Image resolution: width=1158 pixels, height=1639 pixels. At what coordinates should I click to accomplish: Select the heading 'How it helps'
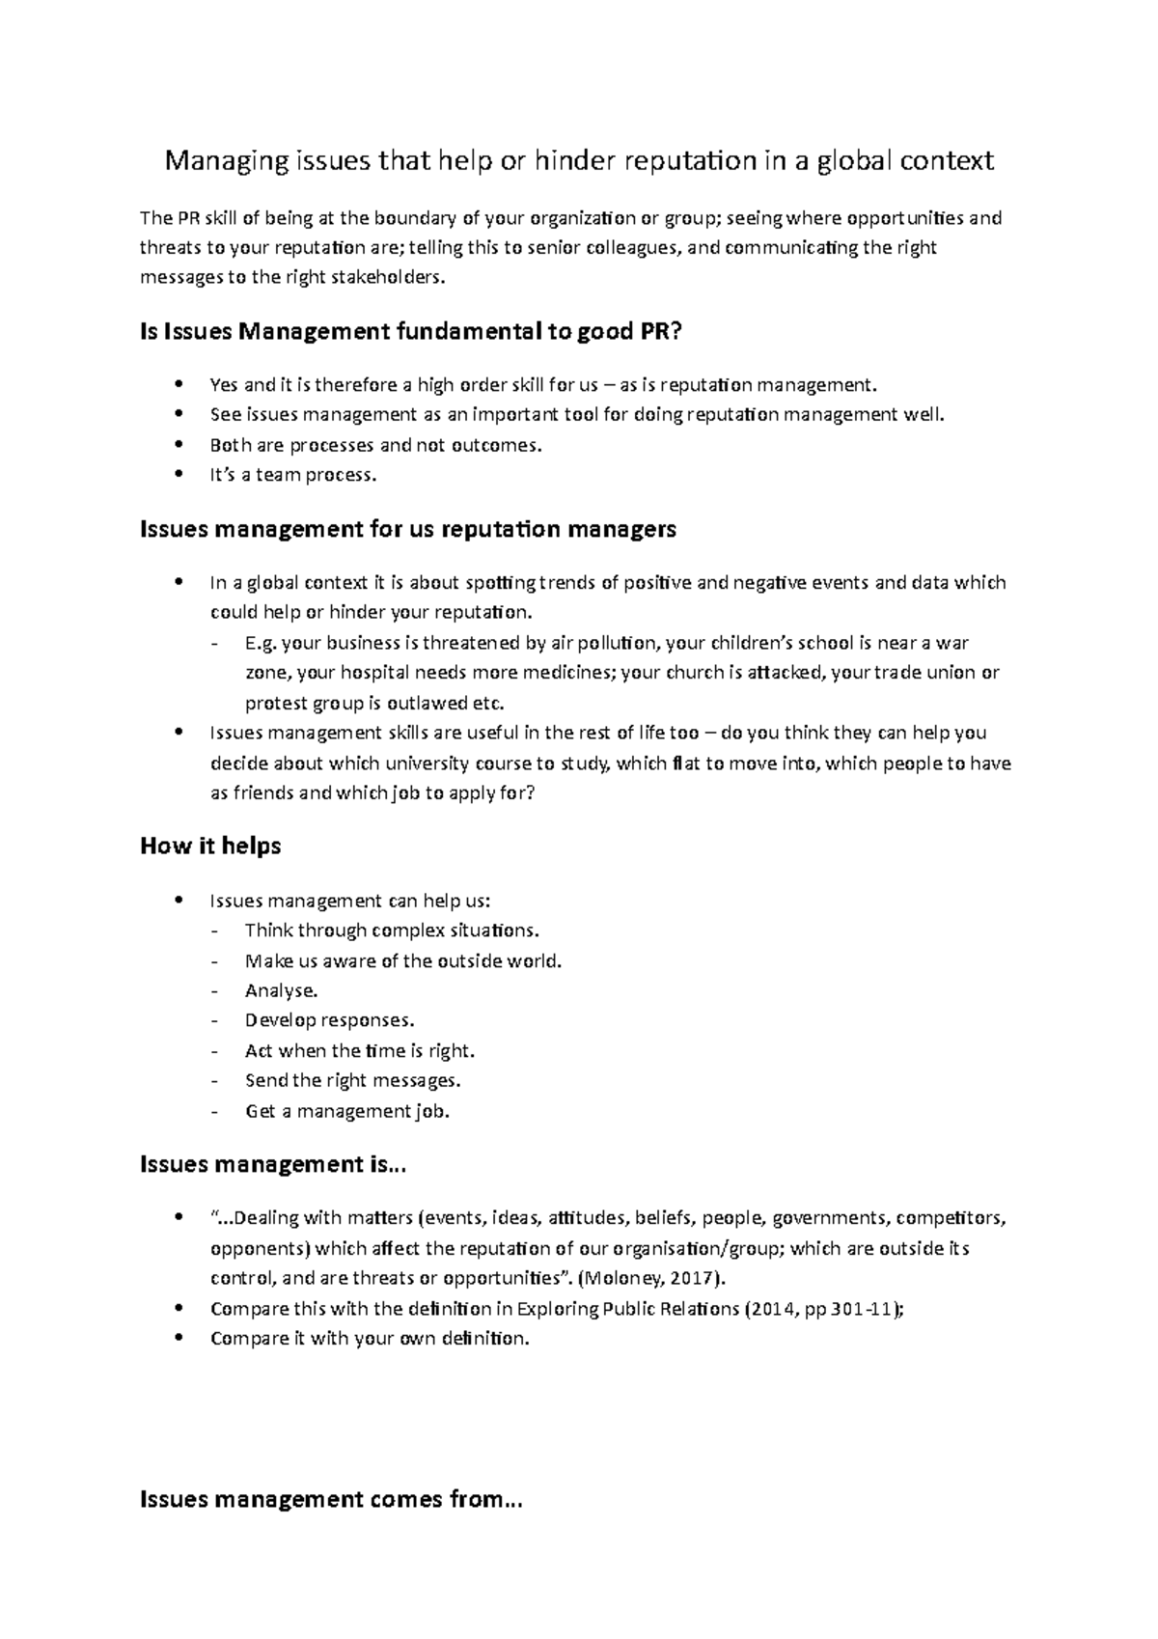[x=210, y=846]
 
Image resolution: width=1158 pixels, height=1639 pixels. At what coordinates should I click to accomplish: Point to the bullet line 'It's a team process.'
[x=292, y=475]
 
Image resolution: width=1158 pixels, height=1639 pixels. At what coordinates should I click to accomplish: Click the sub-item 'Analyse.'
[x=281, y=990]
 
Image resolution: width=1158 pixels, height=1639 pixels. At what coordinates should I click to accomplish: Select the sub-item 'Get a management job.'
[x=347, y=1111]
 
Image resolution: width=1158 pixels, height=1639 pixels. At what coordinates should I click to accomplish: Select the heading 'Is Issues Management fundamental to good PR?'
[x=411, y=333]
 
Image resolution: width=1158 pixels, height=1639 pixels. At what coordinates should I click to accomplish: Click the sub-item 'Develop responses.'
[x=329, y=1020]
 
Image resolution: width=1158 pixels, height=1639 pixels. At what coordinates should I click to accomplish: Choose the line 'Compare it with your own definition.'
[x=370, y=1339]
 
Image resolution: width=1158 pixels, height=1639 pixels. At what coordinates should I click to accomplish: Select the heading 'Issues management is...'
[x=273, y=1164]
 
